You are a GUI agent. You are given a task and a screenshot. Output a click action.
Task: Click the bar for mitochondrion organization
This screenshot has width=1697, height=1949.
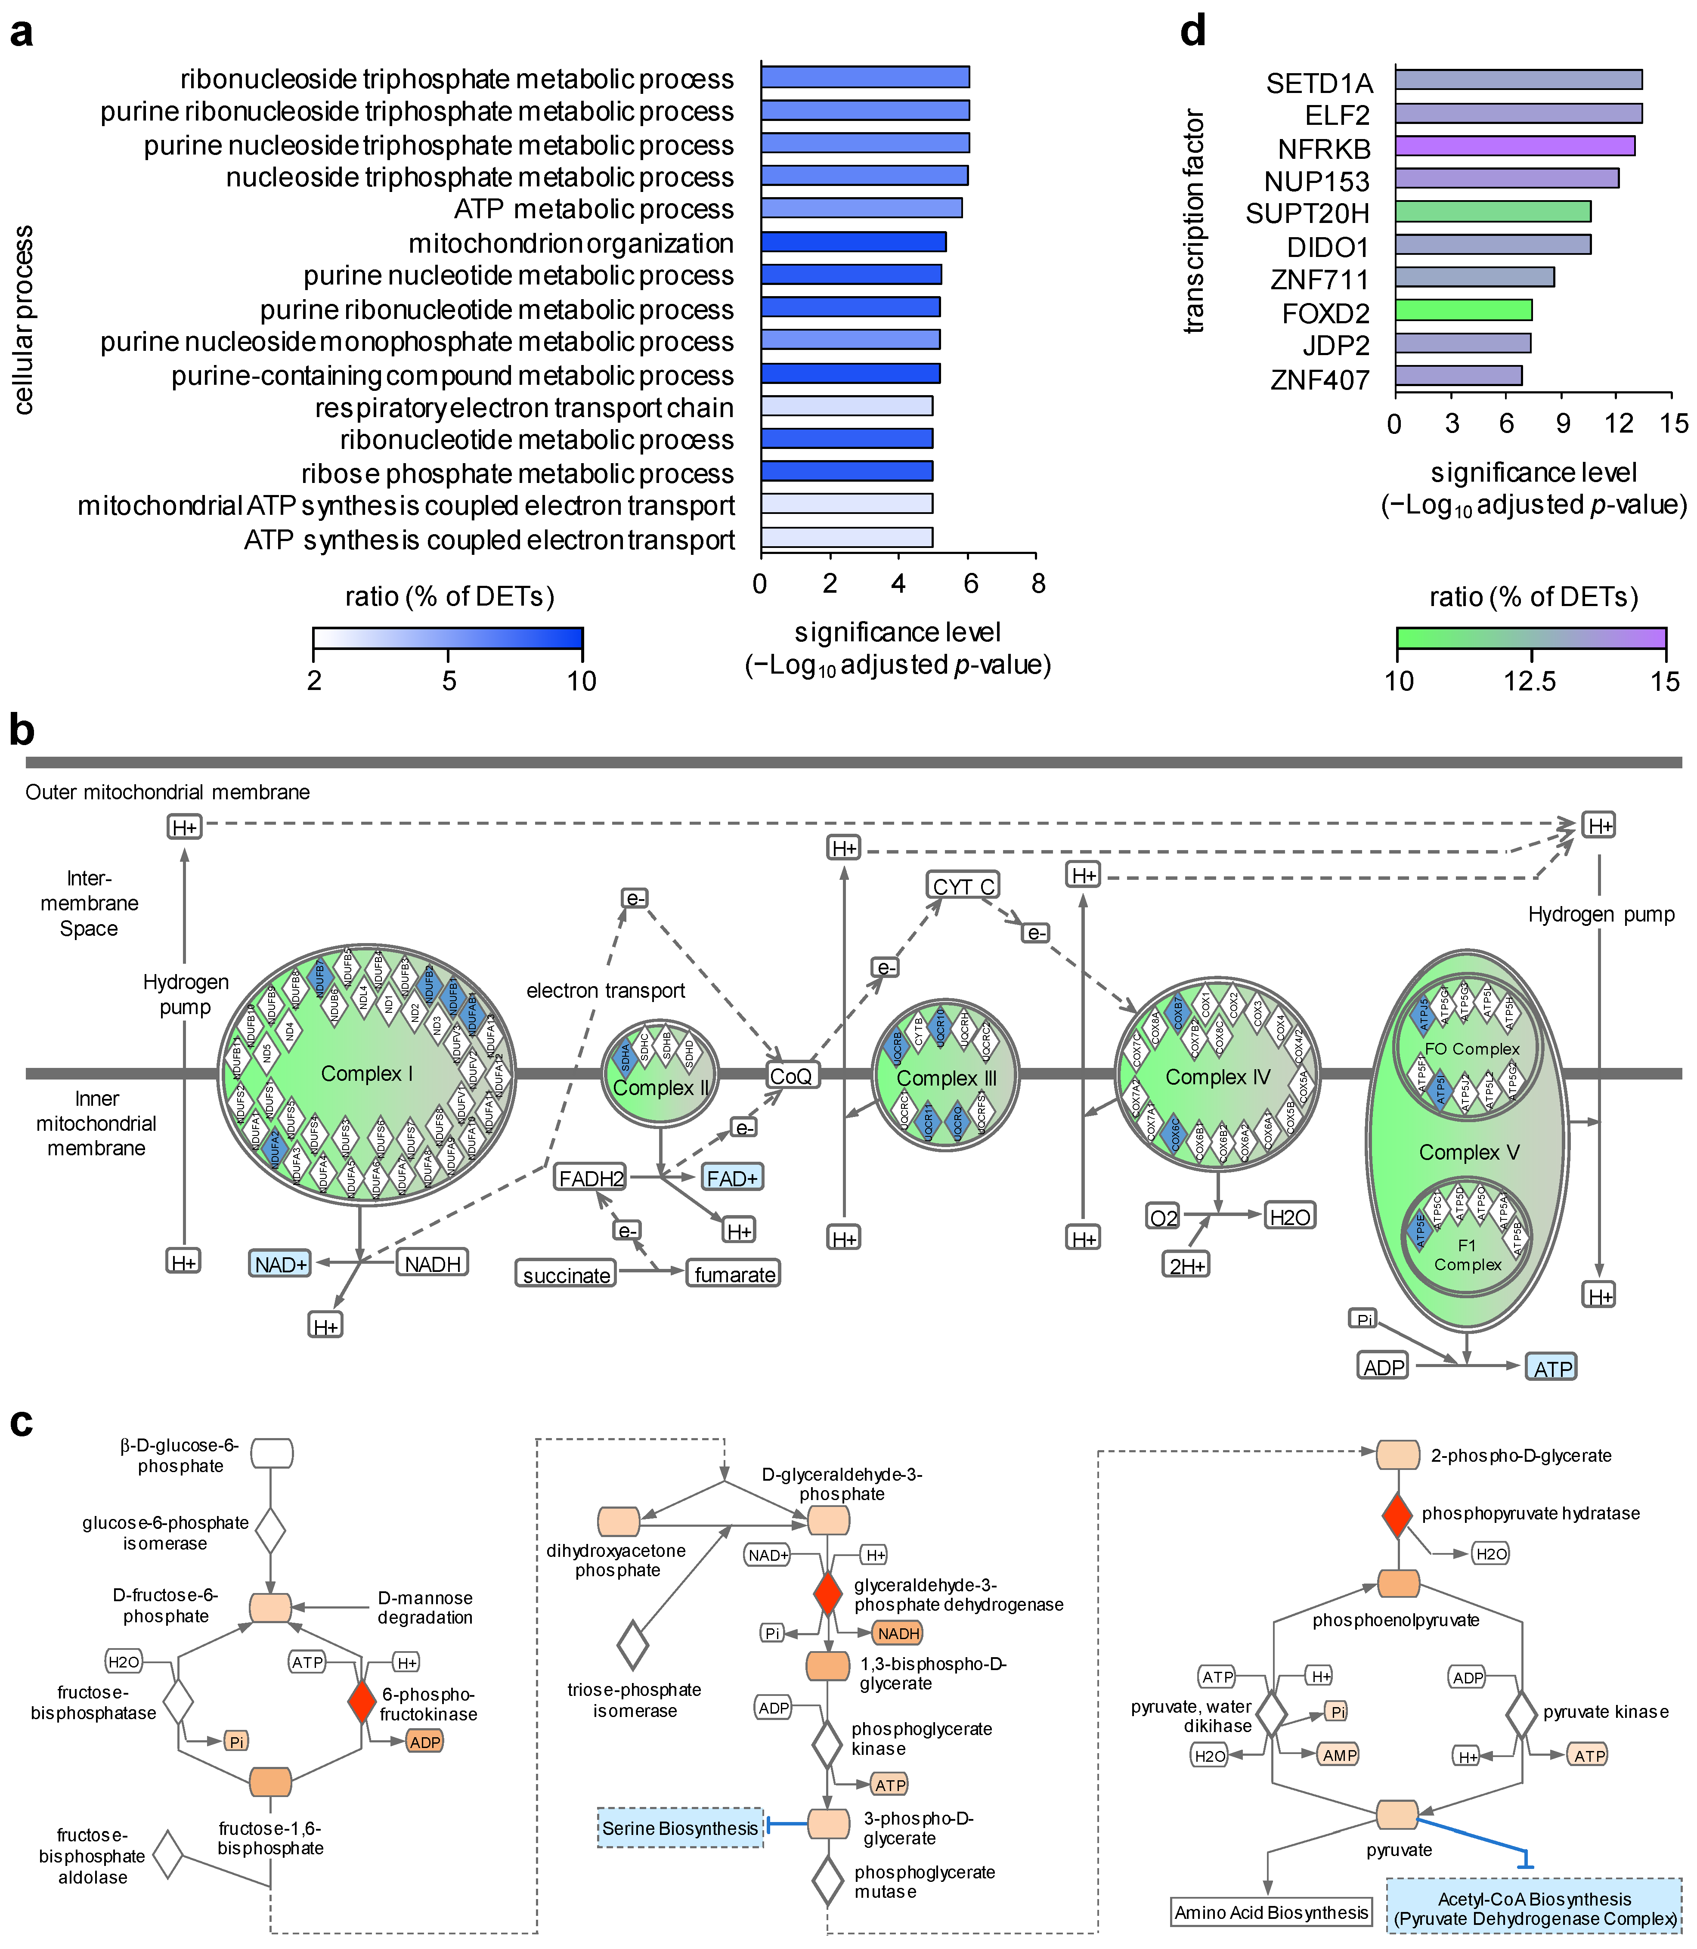[852, 242]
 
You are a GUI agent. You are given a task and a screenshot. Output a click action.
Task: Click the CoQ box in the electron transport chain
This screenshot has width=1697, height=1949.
[792, 1076]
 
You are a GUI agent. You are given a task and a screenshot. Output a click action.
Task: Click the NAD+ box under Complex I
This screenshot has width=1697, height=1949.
[280, 1263]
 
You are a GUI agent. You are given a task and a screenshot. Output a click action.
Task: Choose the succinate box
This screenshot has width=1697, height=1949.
[566, 1275]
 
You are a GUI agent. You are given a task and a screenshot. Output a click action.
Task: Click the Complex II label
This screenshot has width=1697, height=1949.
[660, 1088]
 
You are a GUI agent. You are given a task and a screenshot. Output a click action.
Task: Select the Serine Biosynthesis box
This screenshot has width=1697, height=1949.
[680, 1828]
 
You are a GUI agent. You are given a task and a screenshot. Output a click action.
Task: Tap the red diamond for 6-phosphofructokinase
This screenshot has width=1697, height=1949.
[362, 1702]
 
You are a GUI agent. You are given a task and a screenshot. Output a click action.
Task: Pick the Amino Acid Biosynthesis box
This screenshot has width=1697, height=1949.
[1271, 1912]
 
